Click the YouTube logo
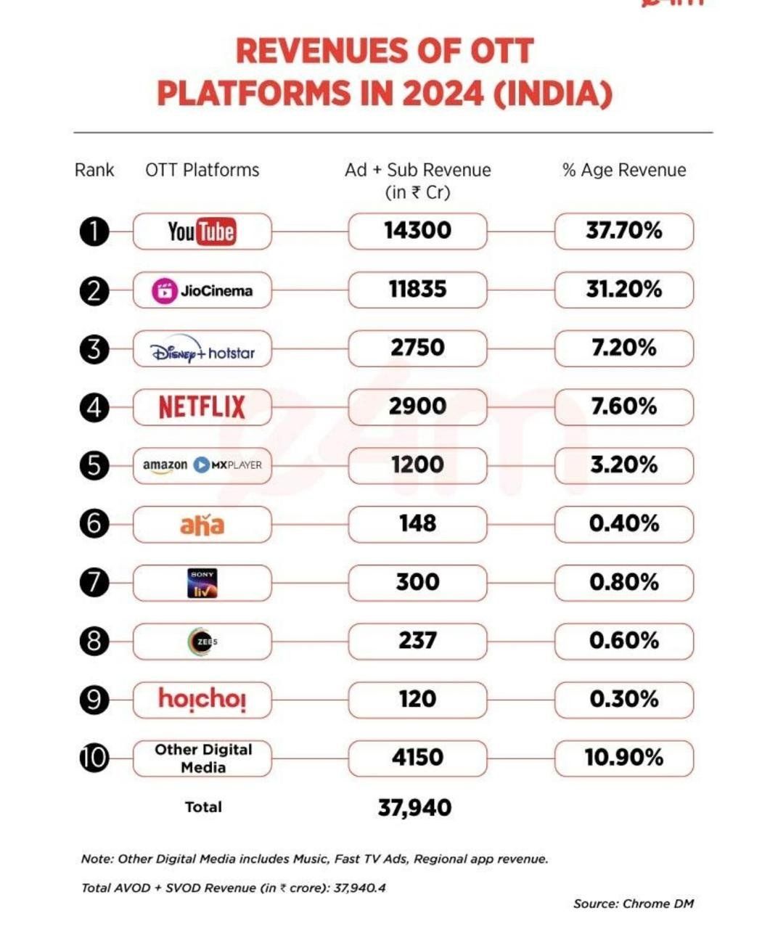click(202, 232)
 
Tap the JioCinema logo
click(202, 291)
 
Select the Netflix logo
click(202, 407)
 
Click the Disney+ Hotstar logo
click(202, 351)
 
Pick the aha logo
click(202, 524)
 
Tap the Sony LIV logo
click(202, 583)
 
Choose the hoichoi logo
click(202, 699)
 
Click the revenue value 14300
click(417, 231)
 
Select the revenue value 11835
click(417, 290)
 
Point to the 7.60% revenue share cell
click(623, 406)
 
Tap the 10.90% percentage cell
click(623, 758)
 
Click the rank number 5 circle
click(94, 465)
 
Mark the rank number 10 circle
click(94, 758)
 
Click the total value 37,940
click(414, 808)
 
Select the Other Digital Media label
click(203, 758)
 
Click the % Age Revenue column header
click(623, 171)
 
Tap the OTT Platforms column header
click(202, 171)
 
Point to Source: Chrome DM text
click(633, 904)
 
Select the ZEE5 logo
click(202, 642)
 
